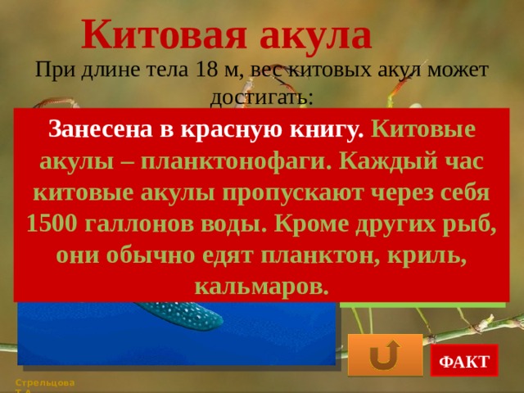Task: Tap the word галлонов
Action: tap(139, 224)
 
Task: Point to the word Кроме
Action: tap(310, 224)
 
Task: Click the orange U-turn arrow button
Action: tap(384, 355)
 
